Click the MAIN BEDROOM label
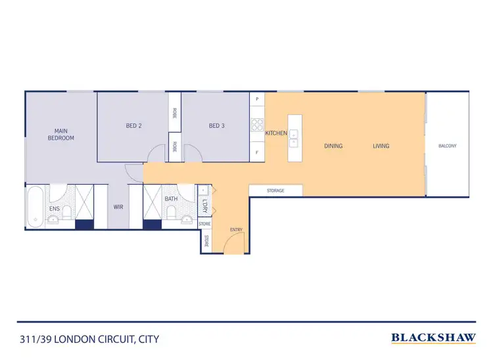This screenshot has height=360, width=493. [60, 135]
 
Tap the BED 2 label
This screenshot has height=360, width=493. [134, 126]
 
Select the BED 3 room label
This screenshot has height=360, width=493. [217, 126]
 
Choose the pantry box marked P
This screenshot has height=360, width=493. [257, 99]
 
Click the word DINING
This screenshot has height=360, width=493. [333, 146]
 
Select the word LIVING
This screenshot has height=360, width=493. [381, 146]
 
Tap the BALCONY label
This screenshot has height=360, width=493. [448, 146]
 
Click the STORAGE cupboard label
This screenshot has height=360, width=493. [275, 191]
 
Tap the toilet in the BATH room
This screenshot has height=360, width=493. [172, 214]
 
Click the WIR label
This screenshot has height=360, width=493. [118, 207]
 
